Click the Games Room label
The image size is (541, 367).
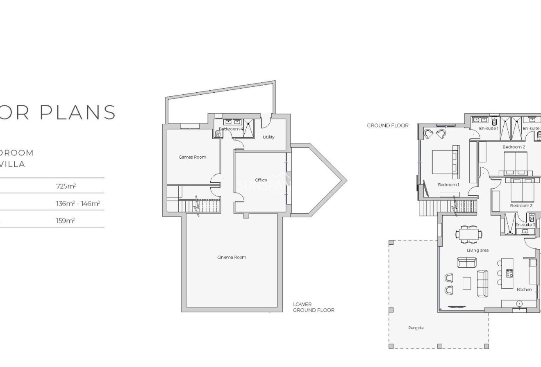coord(192,157)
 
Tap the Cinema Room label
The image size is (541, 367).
coord(232,257)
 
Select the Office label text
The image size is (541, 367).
coord(261,180)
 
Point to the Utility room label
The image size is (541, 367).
coord(268,137)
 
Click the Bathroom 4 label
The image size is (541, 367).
coord(231,129)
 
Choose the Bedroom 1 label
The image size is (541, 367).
coord(448,185)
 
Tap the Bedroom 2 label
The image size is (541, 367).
coord(514,147)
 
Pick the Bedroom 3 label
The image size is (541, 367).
coord(521,205)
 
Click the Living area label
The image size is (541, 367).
coord(477,250)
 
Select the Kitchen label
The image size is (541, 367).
coord(524,289)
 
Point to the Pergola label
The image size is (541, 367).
coord(416,328)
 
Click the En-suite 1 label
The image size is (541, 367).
coord(489,128)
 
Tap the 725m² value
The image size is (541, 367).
coord(66,186)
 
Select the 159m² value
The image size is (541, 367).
coord(65,221)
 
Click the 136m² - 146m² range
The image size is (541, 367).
coord(78,203)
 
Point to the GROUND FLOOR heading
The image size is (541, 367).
coord(387,125)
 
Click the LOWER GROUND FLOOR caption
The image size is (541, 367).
coord(314,307)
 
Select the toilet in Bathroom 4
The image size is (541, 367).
coord(217,133)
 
